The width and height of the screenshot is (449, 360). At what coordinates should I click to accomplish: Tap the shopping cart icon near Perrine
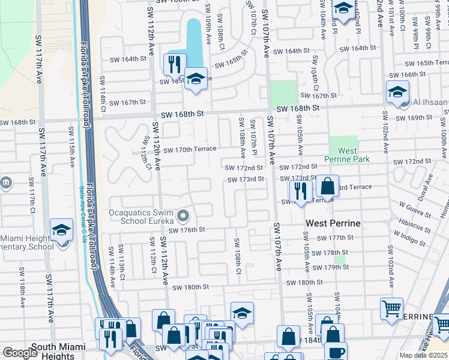tap(391, 309)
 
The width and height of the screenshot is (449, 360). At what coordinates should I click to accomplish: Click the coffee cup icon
tap(336, 352)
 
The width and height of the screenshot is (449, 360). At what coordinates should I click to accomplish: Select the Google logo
tap(20, 353)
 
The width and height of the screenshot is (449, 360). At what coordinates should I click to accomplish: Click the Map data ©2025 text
tap(424, 355)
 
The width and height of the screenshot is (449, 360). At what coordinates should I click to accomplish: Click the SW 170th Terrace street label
tap(189, 150)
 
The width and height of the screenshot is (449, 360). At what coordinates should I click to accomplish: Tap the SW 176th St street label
tap(187, 230)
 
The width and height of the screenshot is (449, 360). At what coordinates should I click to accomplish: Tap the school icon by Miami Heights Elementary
tap(61, 230)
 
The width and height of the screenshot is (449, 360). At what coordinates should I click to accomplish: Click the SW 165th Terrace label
tap(427, 63)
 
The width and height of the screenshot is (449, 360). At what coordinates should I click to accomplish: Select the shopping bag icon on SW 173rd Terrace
tap(327, 186)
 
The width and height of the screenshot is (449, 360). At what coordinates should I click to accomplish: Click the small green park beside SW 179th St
tap(341, 260)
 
